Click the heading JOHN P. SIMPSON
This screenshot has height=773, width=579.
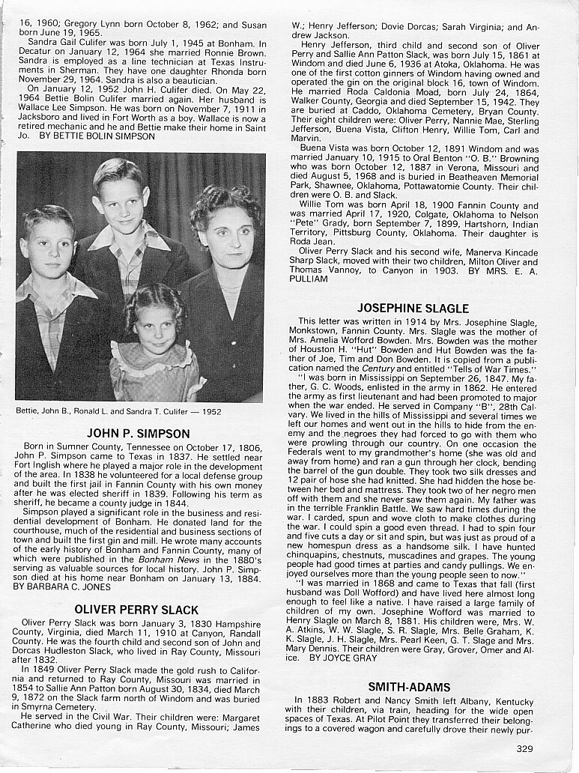pyautogui.click(x=139, y=433)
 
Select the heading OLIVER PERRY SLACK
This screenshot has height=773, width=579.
pyautogui.click(x=136, y=610)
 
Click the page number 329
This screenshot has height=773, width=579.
pyautogui.click(x=525, y=748)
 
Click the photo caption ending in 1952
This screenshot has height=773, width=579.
pyautogui.click(x=118, y=410)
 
